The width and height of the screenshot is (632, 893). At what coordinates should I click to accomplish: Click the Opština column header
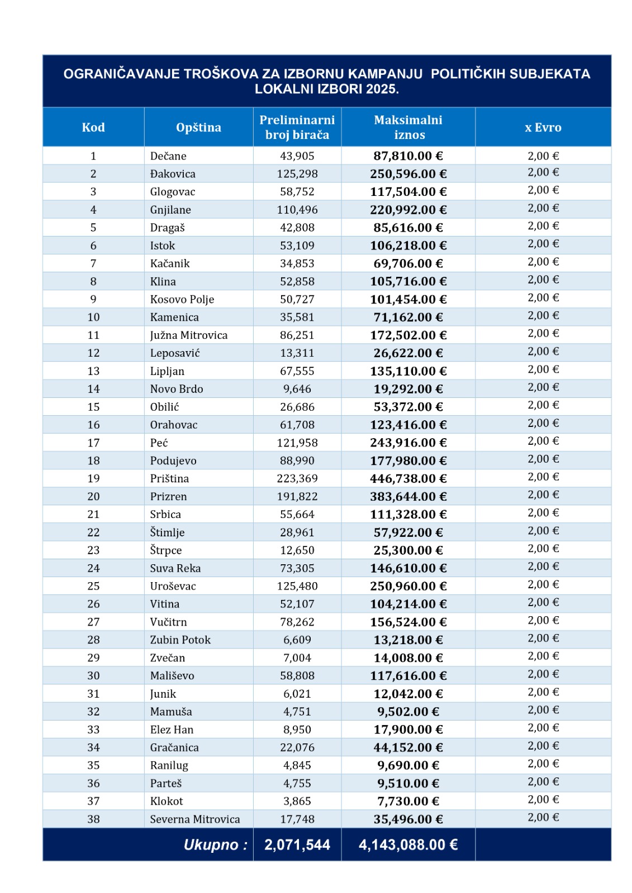click(198, 127)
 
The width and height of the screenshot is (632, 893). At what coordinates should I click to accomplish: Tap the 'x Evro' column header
click(543, 127)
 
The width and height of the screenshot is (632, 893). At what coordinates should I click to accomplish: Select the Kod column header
click(93, 127)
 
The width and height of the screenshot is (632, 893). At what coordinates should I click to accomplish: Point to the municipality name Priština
click(169, 478)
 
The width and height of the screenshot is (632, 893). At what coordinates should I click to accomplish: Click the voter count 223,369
click(297, 478)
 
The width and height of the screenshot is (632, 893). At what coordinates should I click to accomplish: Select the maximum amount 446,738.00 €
click(408, 478)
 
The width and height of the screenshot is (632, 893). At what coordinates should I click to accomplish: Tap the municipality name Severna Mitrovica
click(195, 819)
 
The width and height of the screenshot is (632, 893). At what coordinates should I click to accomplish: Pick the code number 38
click(93, 819)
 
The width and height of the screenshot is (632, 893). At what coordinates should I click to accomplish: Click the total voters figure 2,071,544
click(297, 845)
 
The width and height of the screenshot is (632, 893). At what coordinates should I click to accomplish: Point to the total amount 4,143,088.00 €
click(408, 845)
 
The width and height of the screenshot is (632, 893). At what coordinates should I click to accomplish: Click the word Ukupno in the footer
click(211, 845)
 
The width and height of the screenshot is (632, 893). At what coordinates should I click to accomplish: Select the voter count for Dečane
click(297, 156)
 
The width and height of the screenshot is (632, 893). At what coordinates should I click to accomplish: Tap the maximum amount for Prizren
click(408, 496)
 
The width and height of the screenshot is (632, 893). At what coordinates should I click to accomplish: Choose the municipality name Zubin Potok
click(180, 640)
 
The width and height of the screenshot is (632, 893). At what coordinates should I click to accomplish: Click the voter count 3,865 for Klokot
click(297, 801)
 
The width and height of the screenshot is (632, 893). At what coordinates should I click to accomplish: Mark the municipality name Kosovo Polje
click(182, 299)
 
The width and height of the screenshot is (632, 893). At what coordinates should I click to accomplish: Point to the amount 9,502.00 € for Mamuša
click(408, 712)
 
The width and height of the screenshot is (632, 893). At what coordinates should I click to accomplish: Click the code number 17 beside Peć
click(93, 443)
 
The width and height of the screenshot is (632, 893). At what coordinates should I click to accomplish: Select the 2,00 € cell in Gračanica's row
click(543, 746)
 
